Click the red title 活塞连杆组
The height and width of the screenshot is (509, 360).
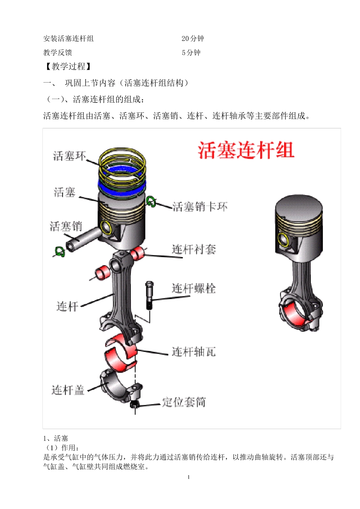pos(246,150)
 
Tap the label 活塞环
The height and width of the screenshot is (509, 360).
pos(70,156)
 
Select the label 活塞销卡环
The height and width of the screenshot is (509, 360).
pos(200,207)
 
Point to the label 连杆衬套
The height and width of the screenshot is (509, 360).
pos(194,249)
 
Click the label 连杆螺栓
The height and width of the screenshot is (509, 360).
pos(194,289)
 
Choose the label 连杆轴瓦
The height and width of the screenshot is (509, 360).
pos(194,352)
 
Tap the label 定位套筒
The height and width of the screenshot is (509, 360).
pos(184,402)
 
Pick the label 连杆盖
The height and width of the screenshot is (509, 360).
pos(68,390)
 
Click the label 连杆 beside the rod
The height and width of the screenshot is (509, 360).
pos(67,306)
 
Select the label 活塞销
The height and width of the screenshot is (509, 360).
pos(66,226)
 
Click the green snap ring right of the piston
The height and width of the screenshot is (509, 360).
pos(151,202)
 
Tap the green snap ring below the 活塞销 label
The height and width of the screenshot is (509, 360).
pos(59,251)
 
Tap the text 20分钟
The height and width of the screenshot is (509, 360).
pos(193,39)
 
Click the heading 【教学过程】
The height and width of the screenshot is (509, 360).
pos(68,67)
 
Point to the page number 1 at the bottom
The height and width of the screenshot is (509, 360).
pos(188,477)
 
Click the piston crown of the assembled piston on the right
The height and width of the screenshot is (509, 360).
pos(299,206)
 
